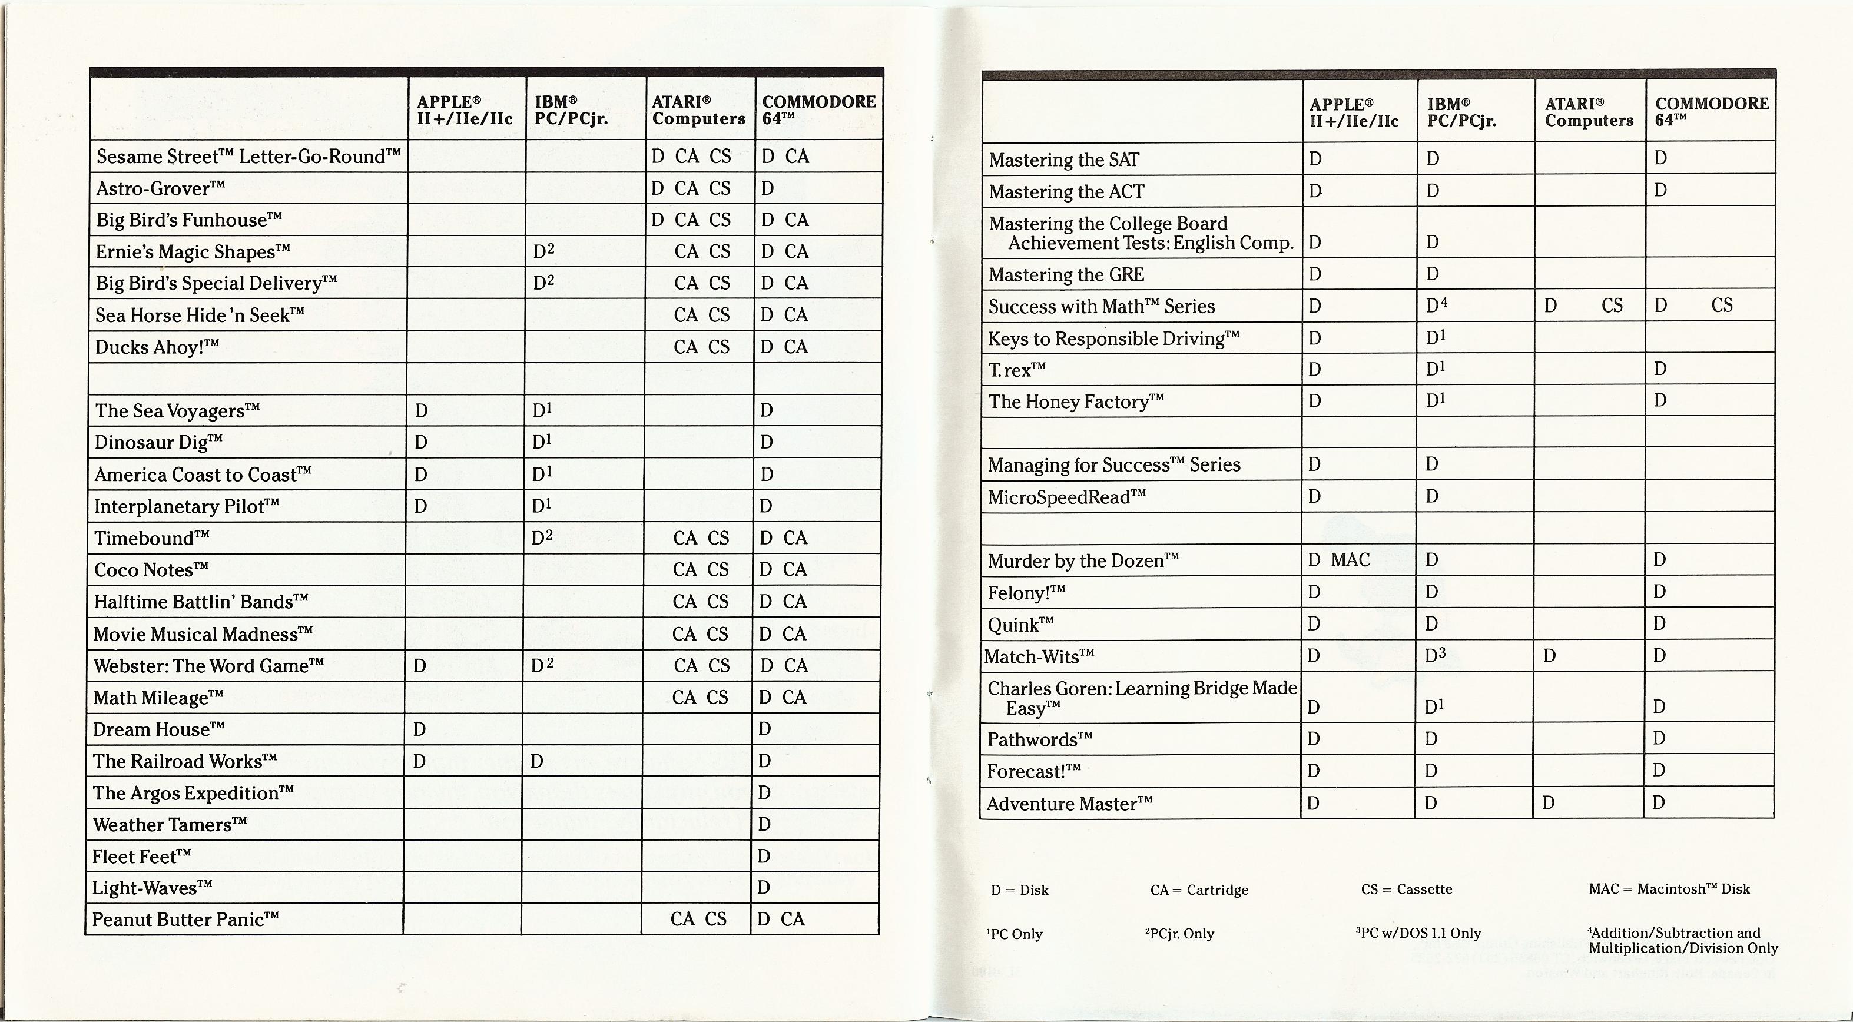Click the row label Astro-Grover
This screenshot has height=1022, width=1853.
pos(160,188)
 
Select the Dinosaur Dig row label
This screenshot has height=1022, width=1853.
pos(158,442)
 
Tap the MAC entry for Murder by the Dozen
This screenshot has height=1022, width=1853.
pos(1350,559)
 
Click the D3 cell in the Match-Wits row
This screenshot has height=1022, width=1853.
pos(1436,655)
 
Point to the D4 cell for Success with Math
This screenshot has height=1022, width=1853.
pos(1437,306)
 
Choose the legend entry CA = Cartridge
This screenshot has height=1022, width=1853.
pos(1199,890)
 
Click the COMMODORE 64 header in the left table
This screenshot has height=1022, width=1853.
pos(818,109)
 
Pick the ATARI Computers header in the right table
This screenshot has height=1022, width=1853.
pos(1589,112)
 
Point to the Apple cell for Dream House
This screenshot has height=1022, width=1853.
pos(420,729)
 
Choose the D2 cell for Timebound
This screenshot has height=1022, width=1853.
pos(542,537)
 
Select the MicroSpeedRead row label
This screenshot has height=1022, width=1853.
pos(1066,497)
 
